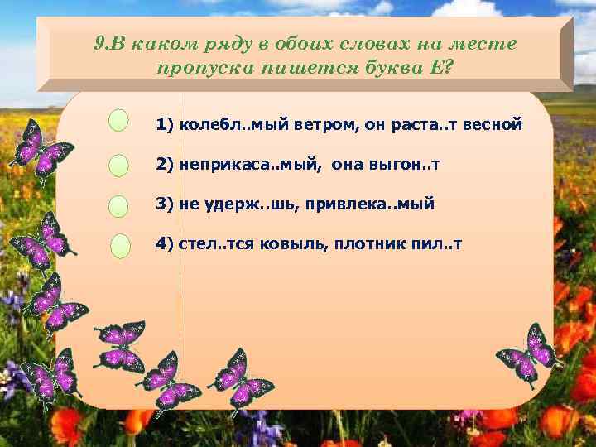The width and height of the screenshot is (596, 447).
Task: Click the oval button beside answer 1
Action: coord(119,121)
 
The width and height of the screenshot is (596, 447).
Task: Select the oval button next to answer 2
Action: coord(119,166)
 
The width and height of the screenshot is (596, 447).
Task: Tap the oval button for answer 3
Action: coord(119,206)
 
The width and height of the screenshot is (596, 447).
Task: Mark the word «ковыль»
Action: coord(286,244)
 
